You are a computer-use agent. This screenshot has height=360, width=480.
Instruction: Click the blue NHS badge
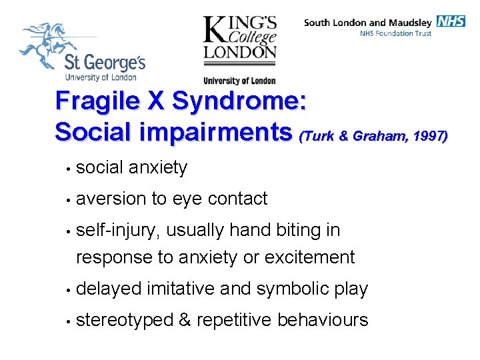451,21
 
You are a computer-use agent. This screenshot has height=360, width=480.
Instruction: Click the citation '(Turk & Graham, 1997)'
373,136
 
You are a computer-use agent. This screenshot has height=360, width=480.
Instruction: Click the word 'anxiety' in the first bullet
158,167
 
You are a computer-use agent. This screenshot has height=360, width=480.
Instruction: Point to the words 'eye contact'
219,199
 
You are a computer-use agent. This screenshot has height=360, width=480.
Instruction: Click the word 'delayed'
109,289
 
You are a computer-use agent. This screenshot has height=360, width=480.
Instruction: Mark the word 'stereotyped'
125,320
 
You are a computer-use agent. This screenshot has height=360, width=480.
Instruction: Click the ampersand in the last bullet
185,320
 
